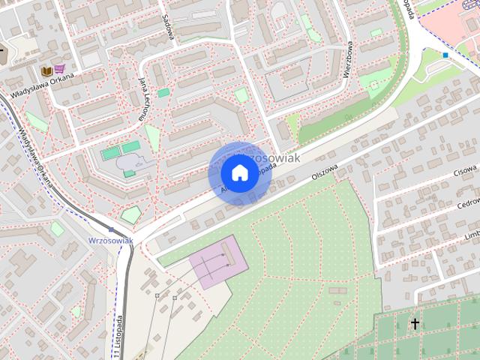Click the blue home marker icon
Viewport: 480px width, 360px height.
238,173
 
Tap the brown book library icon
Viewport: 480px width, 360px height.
46,70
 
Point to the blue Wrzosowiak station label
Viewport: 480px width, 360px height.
110,240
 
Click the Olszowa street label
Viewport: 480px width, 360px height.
325,175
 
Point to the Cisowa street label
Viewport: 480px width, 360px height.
466,172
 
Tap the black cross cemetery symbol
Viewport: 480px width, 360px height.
415,324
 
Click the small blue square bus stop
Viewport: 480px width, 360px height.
445,54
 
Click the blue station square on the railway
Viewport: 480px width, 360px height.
111,229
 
